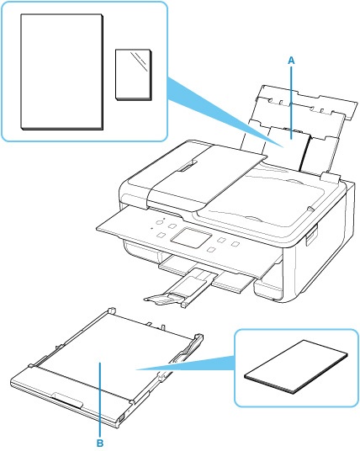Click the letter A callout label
pos(291,61)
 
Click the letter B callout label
pos(100,443)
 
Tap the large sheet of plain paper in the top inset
pos(61,72)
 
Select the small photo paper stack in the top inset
pos(134,75)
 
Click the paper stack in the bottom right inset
pos(296,367)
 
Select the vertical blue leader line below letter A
pos(292,103)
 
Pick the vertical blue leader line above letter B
pos(100,400)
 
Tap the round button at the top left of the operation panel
pos(159,222)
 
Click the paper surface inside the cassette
pos(115,353)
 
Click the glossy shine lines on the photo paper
pos(139,61)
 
